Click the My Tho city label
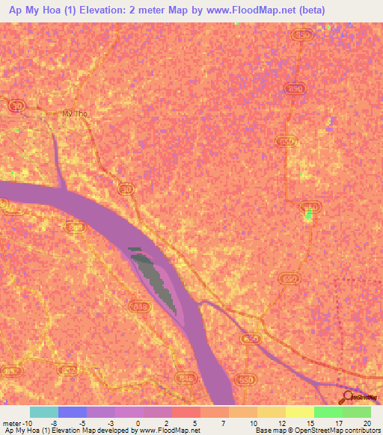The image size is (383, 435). pyautogui.click(x=75, y=114)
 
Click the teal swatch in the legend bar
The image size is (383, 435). pyautogui.click(x=44, y=412)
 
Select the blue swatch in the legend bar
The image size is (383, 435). pyautogui.click(x=73, y=412)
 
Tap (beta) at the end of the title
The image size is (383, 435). pyautogui.click(x=307, y=11)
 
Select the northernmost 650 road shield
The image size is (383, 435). pyautogui.click(x=302, y=35)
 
